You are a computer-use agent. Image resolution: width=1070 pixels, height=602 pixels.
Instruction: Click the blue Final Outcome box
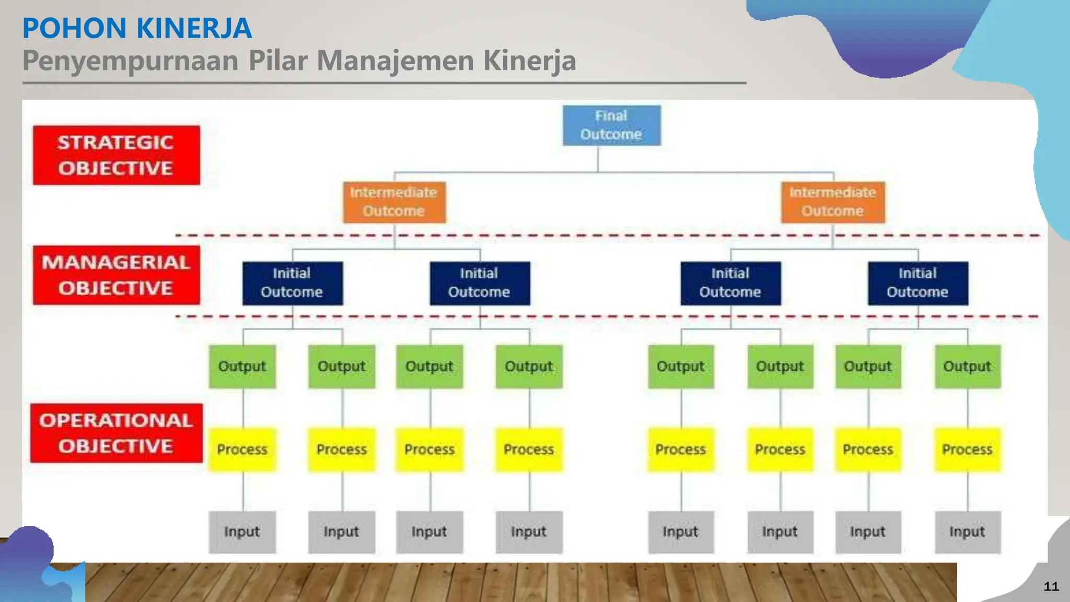[x=611, y=125]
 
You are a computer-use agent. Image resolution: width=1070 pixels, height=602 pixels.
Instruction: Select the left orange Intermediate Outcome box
[x=394, y=202]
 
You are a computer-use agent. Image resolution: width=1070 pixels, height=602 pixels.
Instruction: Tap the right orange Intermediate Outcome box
[x=833, y=202]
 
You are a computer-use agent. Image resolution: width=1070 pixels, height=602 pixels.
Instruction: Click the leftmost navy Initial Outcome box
[x=292, y=283]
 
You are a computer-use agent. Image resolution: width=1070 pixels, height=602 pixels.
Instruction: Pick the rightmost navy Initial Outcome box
[x=917, y=283]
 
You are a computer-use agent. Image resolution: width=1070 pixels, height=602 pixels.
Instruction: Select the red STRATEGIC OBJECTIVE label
[x=116, y=155]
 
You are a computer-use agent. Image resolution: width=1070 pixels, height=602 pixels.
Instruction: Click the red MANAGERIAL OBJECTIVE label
[x=116, y=275]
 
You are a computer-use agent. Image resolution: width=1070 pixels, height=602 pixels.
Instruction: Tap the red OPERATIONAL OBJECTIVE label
[x=116, y=433]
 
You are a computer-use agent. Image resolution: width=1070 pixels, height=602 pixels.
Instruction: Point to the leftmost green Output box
[x=242, y=366]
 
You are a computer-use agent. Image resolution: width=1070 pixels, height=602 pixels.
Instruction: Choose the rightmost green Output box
[x=967, y=366]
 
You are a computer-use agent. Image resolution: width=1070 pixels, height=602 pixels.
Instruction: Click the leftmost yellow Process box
[x=242, y=449]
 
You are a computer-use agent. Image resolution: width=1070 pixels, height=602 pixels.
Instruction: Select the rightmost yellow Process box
[x=967, y=449]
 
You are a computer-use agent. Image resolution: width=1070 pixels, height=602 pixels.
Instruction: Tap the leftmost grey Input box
[x=242, y=532]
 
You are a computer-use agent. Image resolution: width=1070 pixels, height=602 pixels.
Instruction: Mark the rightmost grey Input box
[x=967, y=532]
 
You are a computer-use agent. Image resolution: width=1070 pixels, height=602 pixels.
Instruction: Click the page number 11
[x=1051, y=586]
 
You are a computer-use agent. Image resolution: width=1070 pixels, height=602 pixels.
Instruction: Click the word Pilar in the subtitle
[x=278, y=61]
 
